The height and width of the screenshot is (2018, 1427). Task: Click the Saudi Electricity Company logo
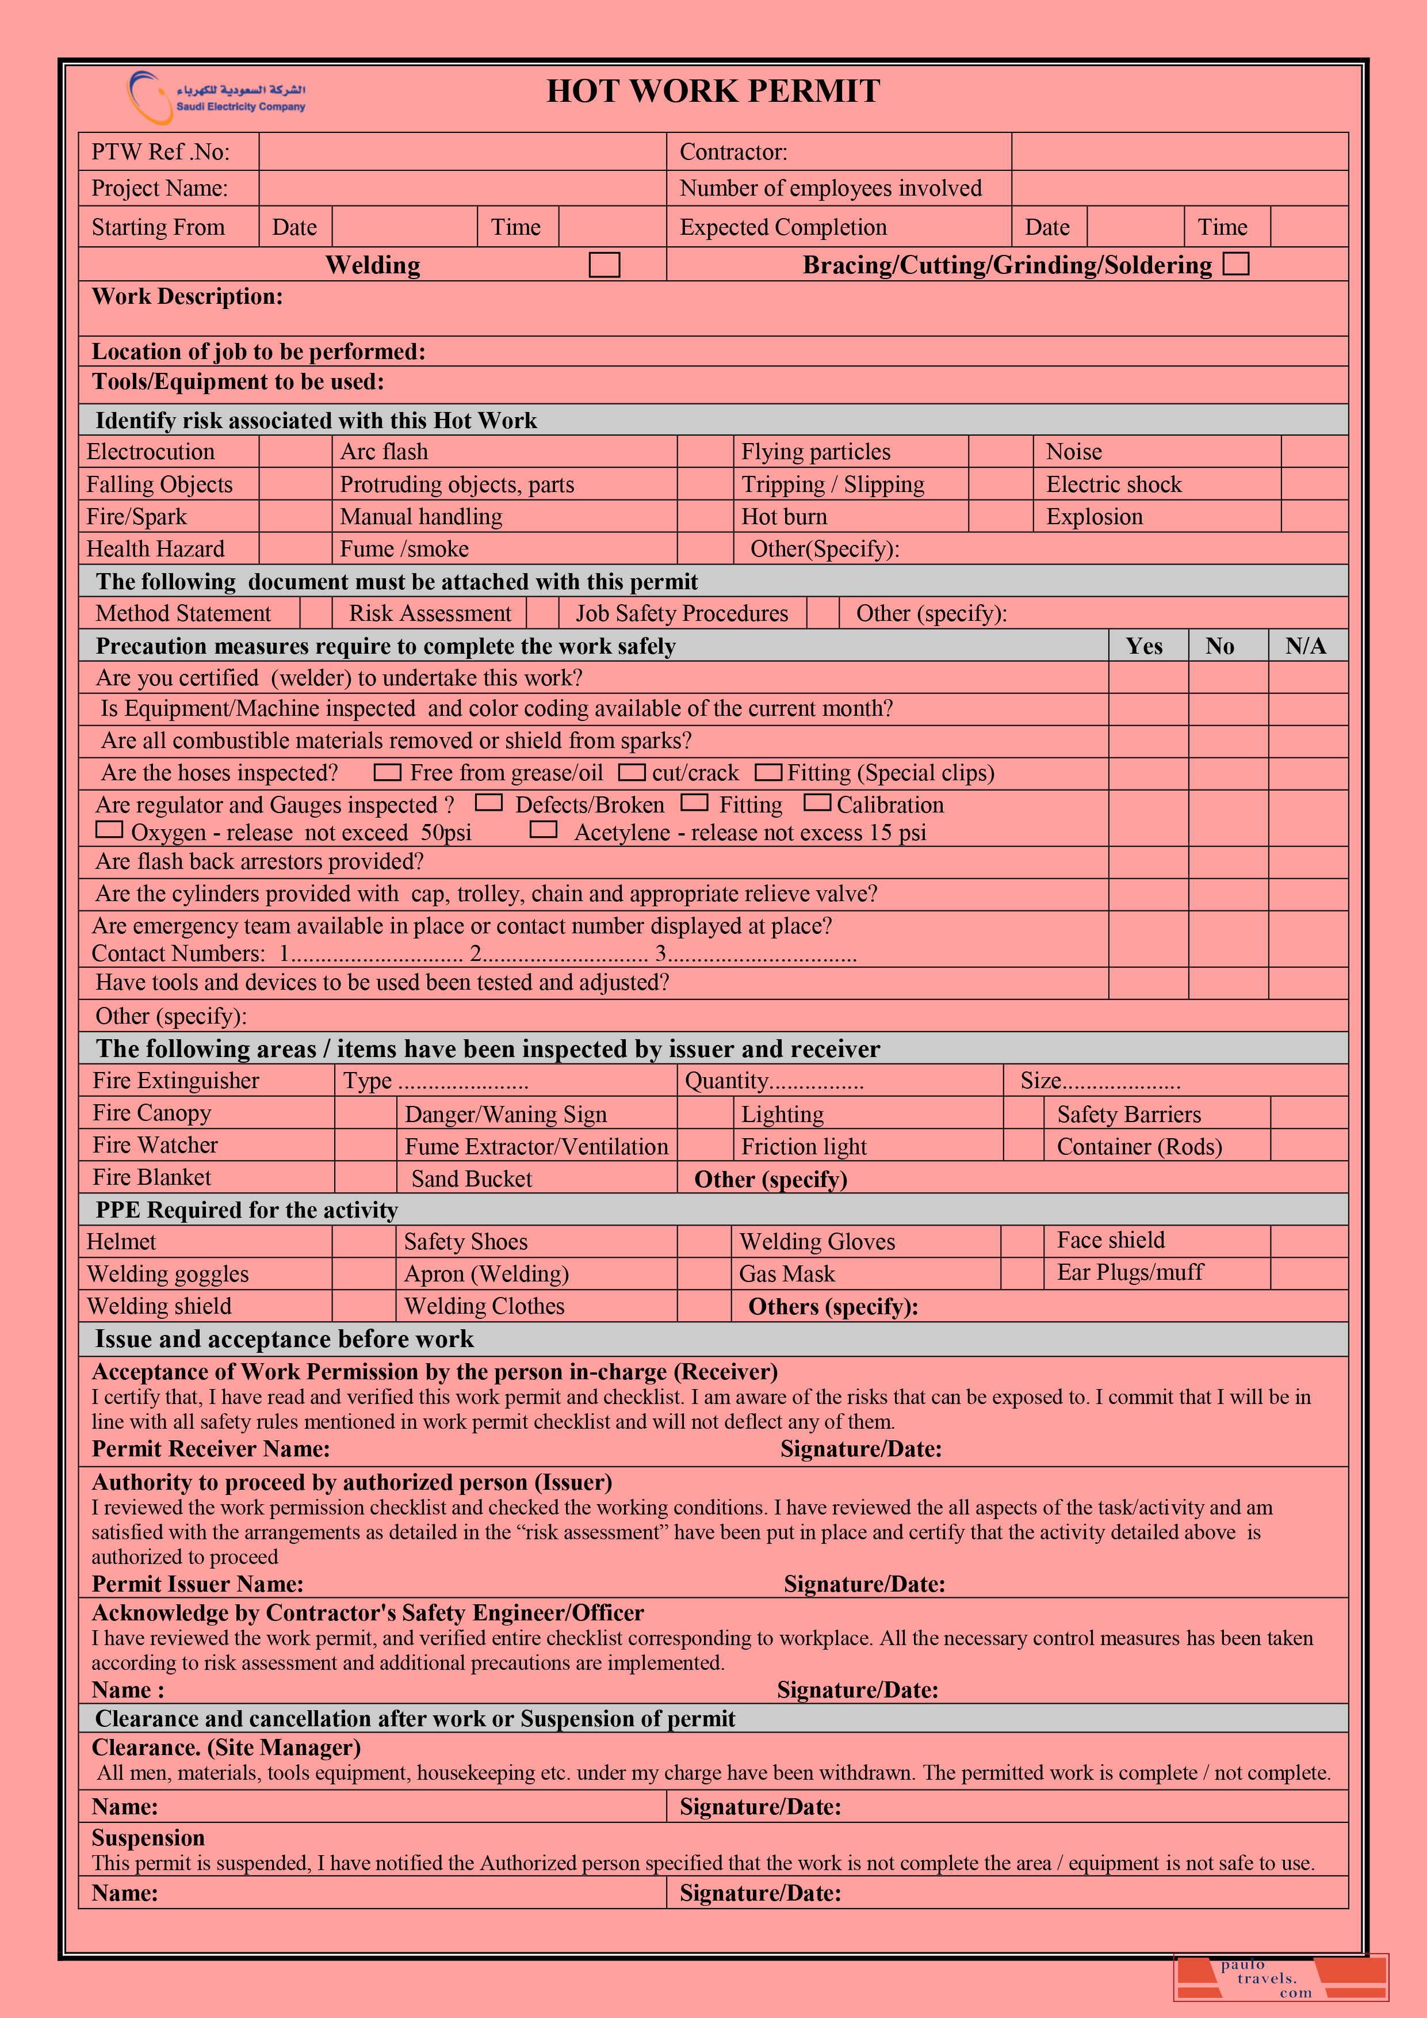pyautogui.click(x=216, y=97)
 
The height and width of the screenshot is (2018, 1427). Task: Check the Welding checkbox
pyautogui.click(x=604, y=265)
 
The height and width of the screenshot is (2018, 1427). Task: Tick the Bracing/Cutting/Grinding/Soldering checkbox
pyautogui.click(x=1235, y=264)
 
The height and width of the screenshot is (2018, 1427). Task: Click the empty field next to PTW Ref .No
pyautogui.click(x=462, y=152)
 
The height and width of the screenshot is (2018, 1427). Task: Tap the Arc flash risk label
pyautogui.click(x=384, y=452)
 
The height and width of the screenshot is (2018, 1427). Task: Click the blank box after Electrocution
pyautogui.click(x=294, y=452)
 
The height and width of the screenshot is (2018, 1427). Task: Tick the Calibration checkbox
pyautogui.click(x=817, y=803)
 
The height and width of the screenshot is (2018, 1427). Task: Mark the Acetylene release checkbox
pyautogui.click(x=543, y=830)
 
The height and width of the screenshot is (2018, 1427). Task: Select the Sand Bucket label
pyautogui.click(x=471, y=1178)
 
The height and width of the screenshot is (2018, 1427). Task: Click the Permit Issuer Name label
pyautogui.click(x=198, y=1584)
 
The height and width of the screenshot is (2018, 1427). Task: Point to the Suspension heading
pyautogui.click(x=148, y=1838)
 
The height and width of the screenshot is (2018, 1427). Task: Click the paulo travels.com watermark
pyautogui.click(x=1280, y=1978)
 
